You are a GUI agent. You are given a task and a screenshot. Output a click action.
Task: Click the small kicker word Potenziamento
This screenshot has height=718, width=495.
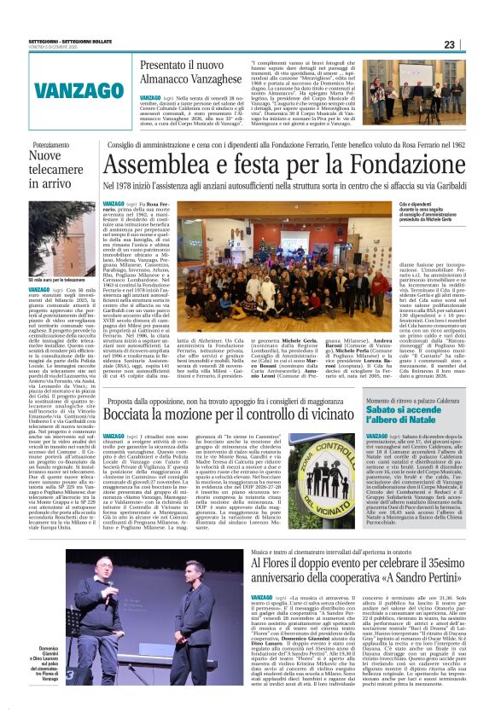[47, 145]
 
